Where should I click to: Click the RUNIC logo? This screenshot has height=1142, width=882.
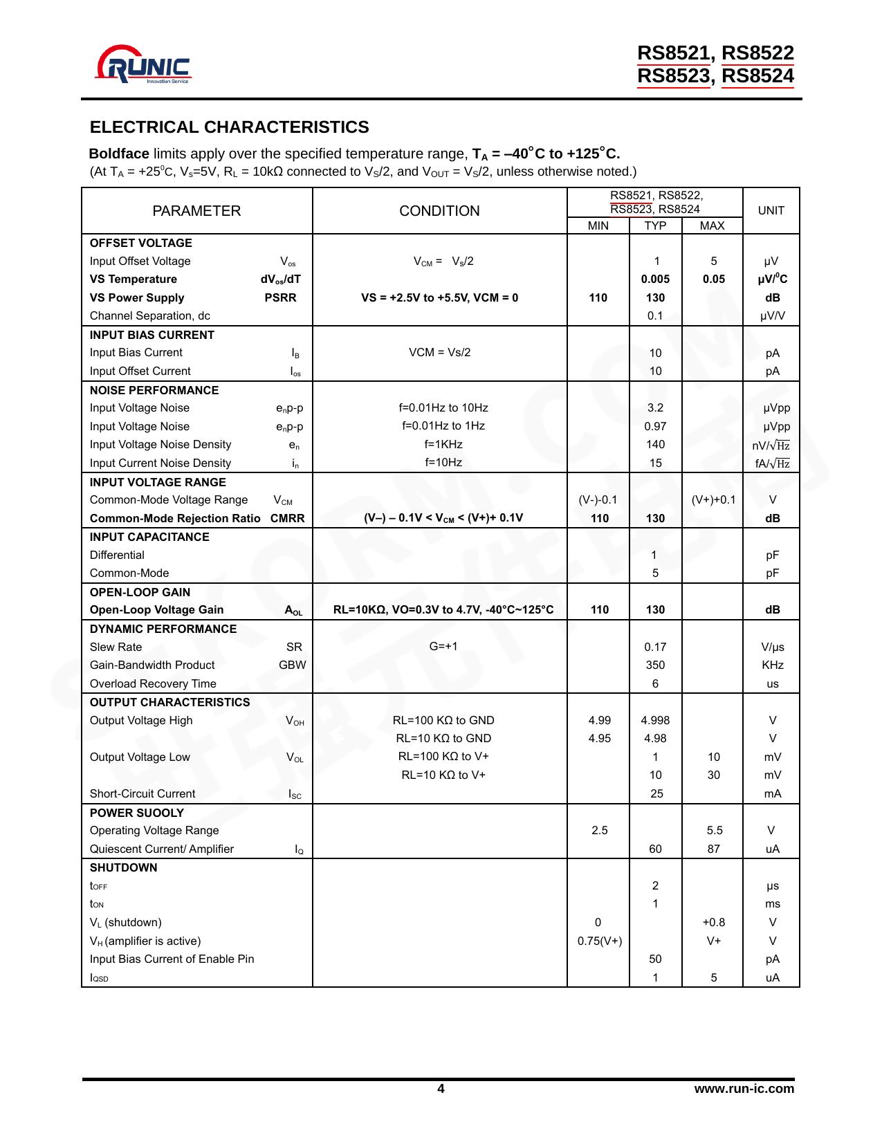click(x=144, y=66)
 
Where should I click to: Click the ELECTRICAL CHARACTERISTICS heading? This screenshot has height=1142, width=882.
click(x=229, y=127)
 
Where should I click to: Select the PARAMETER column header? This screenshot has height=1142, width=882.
click(x=196, y=211)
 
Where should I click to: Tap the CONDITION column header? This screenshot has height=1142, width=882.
click(x=439, y=211)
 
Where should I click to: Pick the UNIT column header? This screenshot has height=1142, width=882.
click(x=771, y=211)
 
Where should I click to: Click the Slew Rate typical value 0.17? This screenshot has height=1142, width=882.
click(x=655, y=647)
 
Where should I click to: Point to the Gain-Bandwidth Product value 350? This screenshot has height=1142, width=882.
click(x=655, y=665)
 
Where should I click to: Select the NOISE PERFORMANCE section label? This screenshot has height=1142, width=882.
click(x=154, y=390)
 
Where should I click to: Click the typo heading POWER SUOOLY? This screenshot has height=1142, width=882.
click(x=137, y=813)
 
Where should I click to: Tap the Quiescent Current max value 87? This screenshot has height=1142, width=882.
click(x=713, y=849)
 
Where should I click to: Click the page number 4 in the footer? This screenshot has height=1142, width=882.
click(x=441, y=1089)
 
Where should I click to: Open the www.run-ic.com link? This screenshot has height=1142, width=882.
click(x=744, y=1089)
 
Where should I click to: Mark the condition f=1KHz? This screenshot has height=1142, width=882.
click(x=443, y=445)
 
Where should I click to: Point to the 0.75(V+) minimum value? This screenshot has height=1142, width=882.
click(x=599, y=941)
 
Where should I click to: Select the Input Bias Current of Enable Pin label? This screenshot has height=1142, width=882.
click(x=172, y=959)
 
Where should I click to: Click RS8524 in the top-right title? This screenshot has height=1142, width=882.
click(x=757, y=76)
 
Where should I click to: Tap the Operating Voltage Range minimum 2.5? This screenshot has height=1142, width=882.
click(x=599, y=831)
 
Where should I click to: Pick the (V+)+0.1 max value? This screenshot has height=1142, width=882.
click(x=713, y=500)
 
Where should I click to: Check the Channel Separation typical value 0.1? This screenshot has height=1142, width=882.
click(x=655, y=316)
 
